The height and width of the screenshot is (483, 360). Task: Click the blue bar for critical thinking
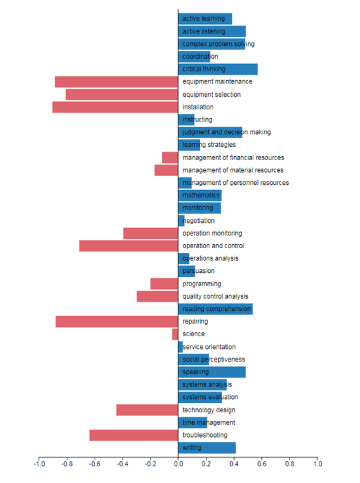[x=218, y=69]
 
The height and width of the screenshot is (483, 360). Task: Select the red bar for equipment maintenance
[x=116, y=82]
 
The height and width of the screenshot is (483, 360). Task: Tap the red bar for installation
[x=115, y=107]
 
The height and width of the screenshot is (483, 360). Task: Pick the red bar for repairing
[x=117, y=322]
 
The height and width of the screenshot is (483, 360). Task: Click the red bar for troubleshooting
[x=133, y=435]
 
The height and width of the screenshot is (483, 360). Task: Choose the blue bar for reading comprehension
[x=215, y=309]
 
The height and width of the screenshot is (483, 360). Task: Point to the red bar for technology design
[x=147, y=410]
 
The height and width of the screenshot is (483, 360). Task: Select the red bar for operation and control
[x=129, y=246]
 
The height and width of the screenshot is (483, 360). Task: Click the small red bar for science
[x=175, y=334]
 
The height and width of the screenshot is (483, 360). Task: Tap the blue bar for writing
[x=207, y=448]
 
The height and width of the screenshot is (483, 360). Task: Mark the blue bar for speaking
[x=212, y=372]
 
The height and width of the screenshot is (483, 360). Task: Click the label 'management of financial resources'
[x=233, y=158]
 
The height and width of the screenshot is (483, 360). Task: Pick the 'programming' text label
[x=201, y=284]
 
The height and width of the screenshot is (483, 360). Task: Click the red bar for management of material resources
[x=166, y=171]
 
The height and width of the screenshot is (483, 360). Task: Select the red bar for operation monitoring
[x=151, y=233]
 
